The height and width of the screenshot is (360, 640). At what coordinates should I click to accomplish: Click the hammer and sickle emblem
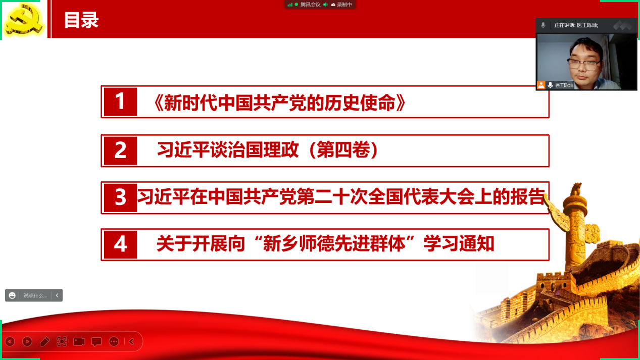[25, 19]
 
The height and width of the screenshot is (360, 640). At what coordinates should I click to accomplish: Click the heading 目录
[81, 20]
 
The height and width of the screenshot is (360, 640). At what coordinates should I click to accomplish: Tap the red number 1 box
[120, 101]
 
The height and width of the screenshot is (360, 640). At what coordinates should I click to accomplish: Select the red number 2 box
[120, 150]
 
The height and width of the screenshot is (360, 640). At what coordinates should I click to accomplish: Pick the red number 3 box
[120, 197]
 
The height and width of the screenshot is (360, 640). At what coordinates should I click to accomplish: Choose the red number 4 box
[120, 244]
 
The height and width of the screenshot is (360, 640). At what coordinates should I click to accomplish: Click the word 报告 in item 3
[527, 197]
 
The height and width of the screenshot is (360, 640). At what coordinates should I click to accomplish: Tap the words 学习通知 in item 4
[459, 244]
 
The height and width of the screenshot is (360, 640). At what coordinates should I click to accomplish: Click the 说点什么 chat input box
[35, 295]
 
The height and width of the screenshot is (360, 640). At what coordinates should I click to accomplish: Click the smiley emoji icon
[12, 295]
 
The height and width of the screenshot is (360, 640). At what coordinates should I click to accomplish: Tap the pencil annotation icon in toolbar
[44, 341]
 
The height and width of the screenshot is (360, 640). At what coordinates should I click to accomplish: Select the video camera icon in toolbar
[79, 341]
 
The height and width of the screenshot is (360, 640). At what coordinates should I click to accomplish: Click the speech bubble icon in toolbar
[96, 342]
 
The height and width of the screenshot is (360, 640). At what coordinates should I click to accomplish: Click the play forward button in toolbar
[27, 341]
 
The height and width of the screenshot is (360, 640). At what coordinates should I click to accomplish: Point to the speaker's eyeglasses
[584, 64]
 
